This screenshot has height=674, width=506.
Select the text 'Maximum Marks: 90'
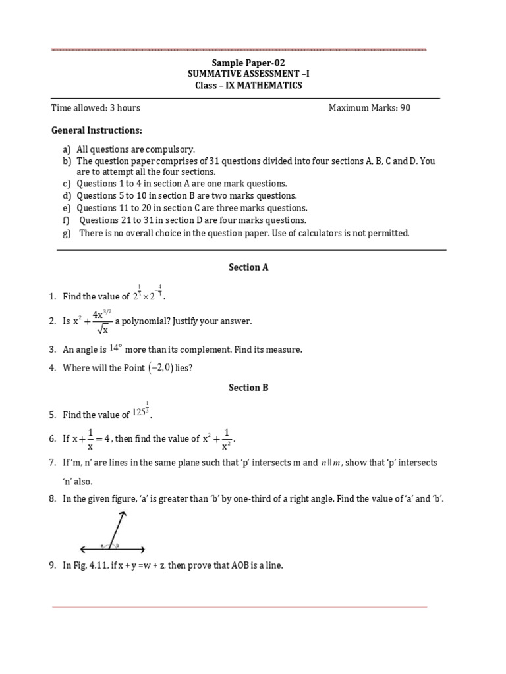pos(369,108)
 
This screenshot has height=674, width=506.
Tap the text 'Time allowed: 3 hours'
pos(96,108)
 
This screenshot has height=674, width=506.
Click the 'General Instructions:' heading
pos(97,130)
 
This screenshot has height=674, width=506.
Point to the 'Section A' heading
pos(248,267)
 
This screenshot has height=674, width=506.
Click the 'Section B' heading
pos(248,388)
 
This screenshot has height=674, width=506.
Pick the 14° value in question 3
pos(117,348)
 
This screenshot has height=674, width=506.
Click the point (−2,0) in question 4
pos(159,368)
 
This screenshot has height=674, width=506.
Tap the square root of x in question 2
pos(100,328)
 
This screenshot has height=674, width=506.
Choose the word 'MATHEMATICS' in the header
pos(273,86)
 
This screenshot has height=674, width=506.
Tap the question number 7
pos(53,463)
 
